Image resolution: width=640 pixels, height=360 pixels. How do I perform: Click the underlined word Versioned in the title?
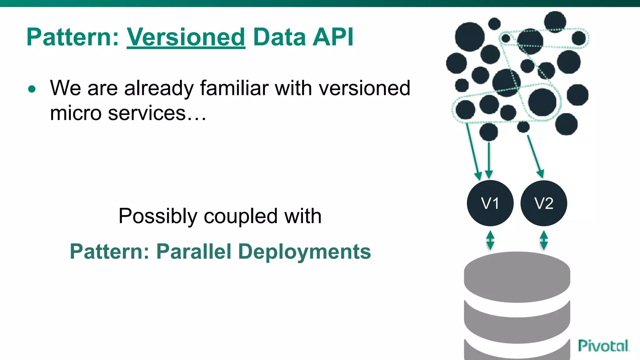[x=186, y=37]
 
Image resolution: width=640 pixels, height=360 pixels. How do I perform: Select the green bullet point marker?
[x=32, y=89]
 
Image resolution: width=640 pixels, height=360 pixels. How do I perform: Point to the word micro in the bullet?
[x=75, y=113]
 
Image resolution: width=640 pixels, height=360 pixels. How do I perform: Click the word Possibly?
[x=158, y=216]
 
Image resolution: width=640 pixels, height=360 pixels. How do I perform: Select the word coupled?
[x=241, y=216]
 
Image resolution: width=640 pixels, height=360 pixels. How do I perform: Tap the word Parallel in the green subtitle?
[x=194, y=252]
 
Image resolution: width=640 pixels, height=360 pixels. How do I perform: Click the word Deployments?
[x=304, y=252]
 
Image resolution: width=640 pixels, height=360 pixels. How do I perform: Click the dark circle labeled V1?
[x=490, y=203]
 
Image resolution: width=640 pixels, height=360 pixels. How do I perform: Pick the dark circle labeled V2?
[x=544, y=203]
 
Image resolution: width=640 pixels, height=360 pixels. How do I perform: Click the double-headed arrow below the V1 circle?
[x=490, y=240]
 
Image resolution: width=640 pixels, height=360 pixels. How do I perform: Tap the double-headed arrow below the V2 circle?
[x=544, y=240]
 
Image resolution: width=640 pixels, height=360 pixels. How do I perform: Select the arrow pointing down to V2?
[x=535, y=156]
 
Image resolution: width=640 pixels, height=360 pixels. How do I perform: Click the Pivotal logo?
[x=603, y=346]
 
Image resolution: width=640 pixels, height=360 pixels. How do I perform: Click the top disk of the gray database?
[x=517, y=277]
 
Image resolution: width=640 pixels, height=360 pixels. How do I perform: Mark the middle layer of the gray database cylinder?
[x=517, y=327]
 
